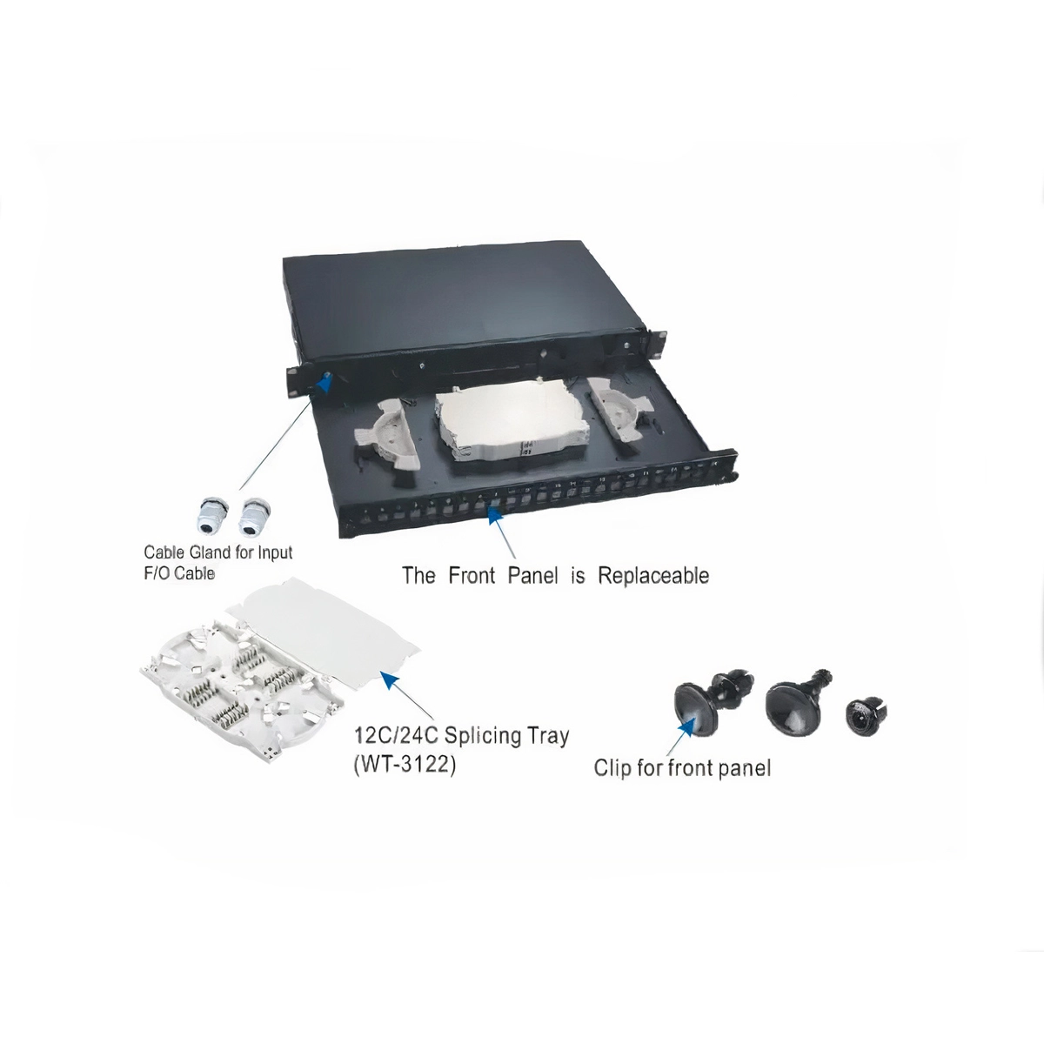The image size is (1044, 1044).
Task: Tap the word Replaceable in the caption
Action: tap(652, 576)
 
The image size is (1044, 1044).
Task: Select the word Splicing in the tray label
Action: tap(485, 735)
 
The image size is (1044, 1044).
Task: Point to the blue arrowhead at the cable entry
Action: tap(326, 383)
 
